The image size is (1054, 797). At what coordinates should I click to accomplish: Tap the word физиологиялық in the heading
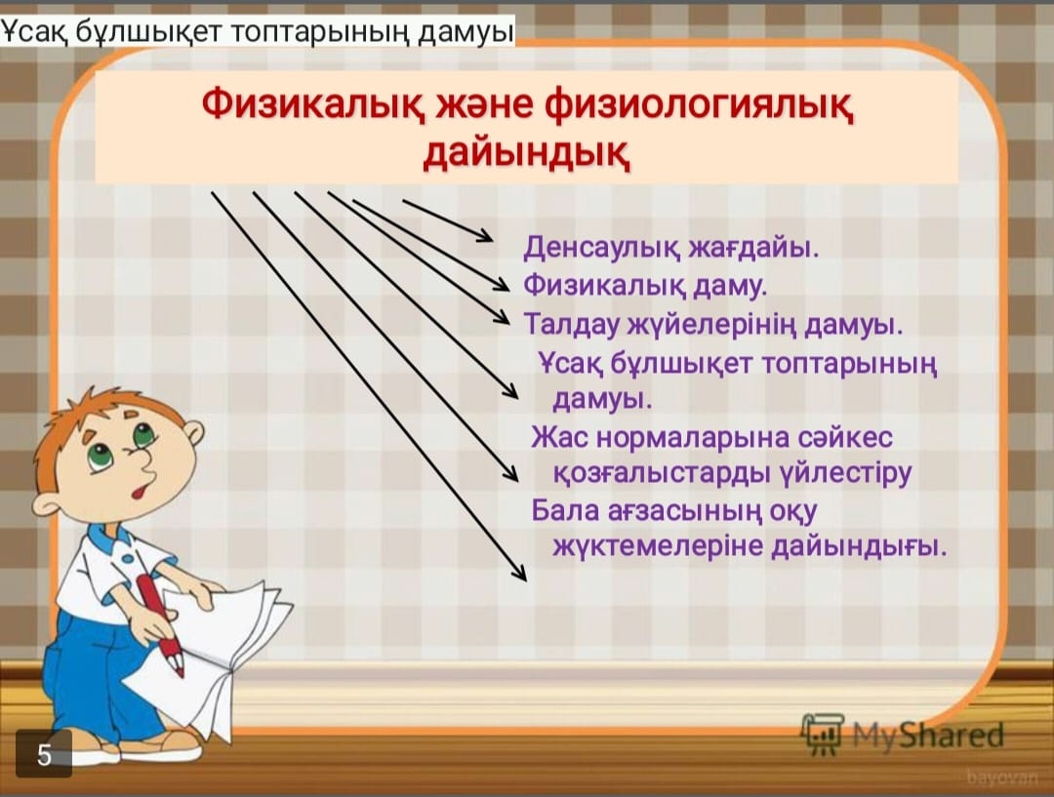[x=700, y=108]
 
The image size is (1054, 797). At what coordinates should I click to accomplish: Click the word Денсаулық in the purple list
[x=603, y=248]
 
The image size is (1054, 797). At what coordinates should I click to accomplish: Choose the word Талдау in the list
[x=573, y=325]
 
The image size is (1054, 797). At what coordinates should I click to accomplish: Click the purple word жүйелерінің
[x=713, y=326]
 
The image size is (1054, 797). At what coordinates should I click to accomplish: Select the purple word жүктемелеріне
[x=658, y=546]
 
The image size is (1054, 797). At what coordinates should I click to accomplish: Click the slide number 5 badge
[x=44, y=754]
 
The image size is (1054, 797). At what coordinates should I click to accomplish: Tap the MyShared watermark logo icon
[x=823, y=735]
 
